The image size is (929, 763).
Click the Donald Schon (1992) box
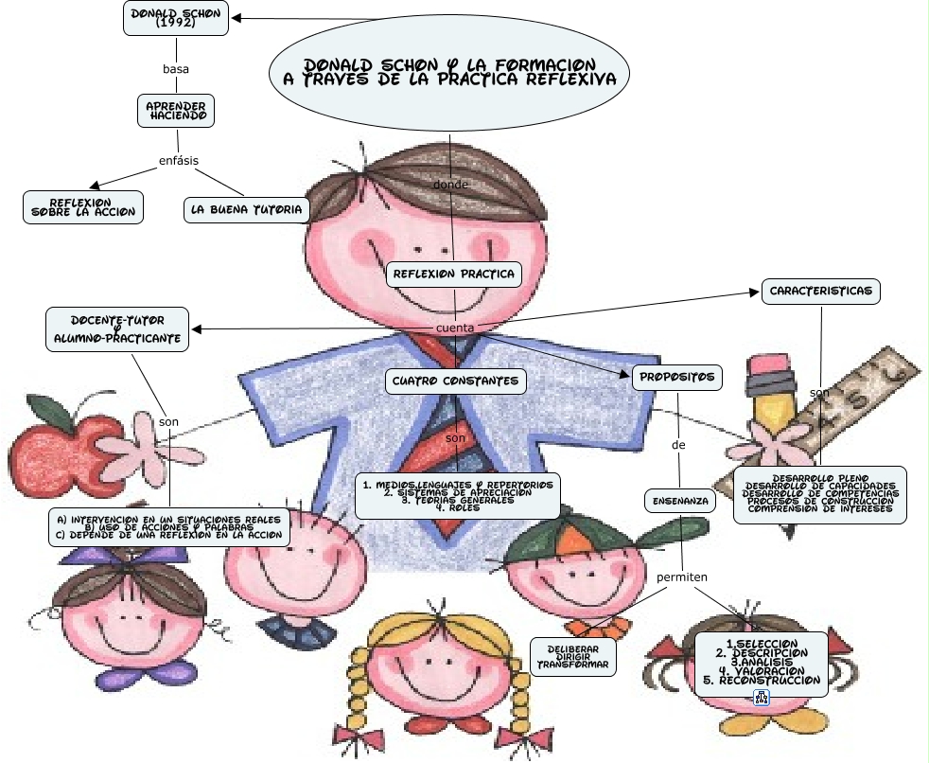click(x=176, y=19)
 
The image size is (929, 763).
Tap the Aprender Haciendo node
click(x=176, y=110)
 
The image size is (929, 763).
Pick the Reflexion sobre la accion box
click(x=83, y=207)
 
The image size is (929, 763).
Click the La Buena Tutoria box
click(x=246, y=209)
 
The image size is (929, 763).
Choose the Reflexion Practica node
click(x=454, y=275)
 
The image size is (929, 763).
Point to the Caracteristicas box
click(x=821, y=291)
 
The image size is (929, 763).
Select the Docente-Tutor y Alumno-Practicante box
click(x=117, y=328)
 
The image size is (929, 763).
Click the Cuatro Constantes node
click(x=455, y=381)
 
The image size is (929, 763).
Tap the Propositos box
click(x=677, y=377)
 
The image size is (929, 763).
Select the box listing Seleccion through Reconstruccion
click(x=762, y=663)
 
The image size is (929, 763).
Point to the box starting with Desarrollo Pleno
click(x=819, y=494)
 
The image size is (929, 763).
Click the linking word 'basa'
click(x=176, y=69)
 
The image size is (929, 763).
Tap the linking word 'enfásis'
click(x=178, y=160)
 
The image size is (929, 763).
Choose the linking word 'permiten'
click(x=682, y=577)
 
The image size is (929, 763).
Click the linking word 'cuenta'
click(x=454, y=328)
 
